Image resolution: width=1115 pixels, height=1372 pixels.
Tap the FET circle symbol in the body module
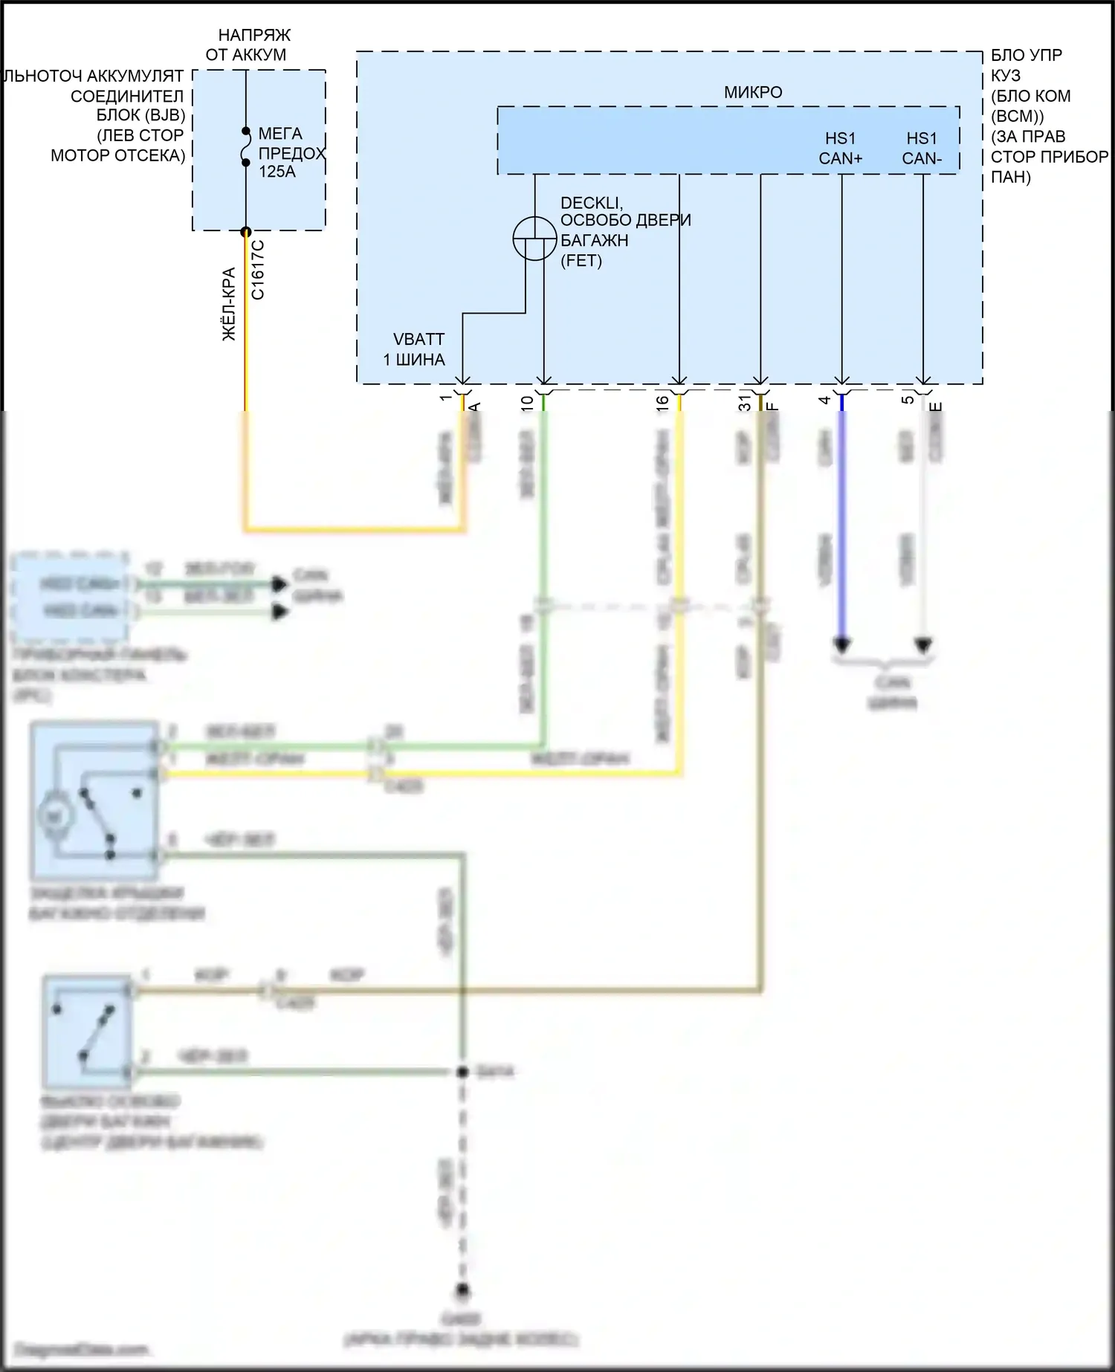coord(534,239)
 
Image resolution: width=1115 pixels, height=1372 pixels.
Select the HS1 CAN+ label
coord(841,148)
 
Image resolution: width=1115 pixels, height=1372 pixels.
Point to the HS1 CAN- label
coord(922,148)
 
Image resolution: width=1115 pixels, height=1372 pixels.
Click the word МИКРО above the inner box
coord(753,92)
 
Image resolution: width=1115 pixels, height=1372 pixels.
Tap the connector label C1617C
coord(258,269)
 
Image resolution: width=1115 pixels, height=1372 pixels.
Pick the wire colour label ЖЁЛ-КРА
coord(230,304)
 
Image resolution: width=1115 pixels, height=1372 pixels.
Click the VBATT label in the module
coord(418,339)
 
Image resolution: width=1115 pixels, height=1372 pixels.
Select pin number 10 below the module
coord(527,403)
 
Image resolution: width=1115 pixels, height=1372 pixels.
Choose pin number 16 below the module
coord(662,403)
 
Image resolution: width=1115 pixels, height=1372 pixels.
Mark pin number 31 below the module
coord(745,403)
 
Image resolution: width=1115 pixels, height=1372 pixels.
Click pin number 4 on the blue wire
coord(824,401)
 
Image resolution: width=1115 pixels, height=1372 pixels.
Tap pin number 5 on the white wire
coord(907,401)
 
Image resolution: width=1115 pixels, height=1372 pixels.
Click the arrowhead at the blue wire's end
coord(841,644)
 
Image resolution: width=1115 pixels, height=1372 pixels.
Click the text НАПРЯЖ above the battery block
coord(254,35)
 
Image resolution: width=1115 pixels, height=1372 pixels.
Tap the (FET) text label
coord(581,261)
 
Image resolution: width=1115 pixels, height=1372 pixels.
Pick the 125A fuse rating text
coord(277,172)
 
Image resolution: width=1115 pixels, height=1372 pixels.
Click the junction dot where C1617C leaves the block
coord(246,232)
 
